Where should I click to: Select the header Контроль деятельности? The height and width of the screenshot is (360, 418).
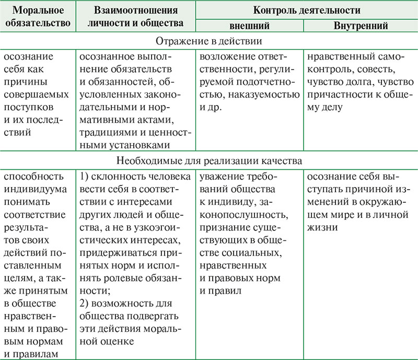307,10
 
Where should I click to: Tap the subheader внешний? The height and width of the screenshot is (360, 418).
249,25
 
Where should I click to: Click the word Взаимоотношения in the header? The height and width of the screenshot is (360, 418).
136,10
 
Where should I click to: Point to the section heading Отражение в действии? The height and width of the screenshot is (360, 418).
208,40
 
